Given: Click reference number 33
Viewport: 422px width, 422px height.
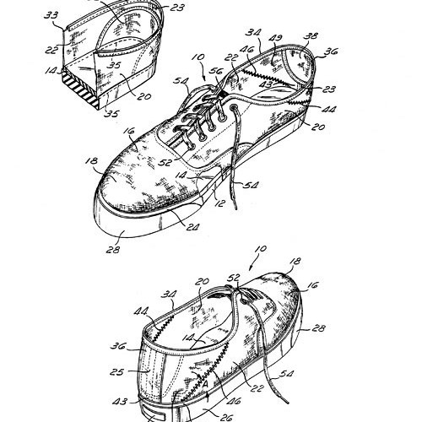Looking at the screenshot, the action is point(51,14).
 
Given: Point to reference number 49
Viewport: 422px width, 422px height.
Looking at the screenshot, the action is point(276,38).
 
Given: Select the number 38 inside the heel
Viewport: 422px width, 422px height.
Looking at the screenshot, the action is point(311,36).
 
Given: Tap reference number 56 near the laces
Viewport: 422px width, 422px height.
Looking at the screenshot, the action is point(215,70).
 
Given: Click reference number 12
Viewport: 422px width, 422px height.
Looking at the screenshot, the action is point(219,203).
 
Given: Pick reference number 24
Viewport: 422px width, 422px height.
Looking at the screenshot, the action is point(192,226).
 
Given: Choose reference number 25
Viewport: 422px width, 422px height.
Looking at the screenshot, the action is point(116,372).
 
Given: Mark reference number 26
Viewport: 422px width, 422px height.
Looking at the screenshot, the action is point(225,418).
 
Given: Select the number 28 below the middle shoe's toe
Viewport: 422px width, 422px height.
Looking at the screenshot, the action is point(113,249).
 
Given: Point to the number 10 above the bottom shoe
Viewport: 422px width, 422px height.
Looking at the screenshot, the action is point(261,249).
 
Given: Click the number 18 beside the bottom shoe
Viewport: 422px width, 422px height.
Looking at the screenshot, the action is point(295,261).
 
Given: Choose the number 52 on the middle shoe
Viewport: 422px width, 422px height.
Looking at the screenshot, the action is point(165,162).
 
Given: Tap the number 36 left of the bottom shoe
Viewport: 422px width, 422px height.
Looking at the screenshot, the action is point(118,345).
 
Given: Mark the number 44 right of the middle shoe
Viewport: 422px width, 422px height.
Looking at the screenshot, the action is point(328,109).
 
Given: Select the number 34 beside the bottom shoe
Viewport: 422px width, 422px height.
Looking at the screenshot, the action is point(169,295).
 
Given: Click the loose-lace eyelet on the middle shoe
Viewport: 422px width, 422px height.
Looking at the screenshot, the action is point(234,107).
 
